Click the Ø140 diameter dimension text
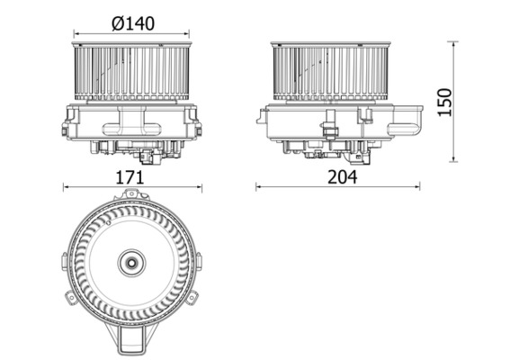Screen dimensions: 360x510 pos(132,24)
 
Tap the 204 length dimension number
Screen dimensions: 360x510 pos(342,176)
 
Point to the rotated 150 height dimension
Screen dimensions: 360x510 pos(470,102)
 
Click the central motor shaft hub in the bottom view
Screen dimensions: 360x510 pos(132,264)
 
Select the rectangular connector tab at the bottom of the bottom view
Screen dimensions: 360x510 pos(132,341)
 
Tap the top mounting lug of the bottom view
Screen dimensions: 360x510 pos(132,194)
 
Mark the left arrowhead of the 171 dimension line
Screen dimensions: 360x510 pos(66,187)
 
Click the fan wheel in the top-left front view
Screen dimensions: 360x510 pos(132,72)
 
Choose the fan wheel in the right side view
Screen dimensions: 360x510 pos(331,72)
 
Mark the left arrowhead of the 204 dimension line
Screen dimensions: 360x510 pos(259,187)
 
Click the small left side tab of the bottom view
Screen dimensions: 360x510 pos(65,263)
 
